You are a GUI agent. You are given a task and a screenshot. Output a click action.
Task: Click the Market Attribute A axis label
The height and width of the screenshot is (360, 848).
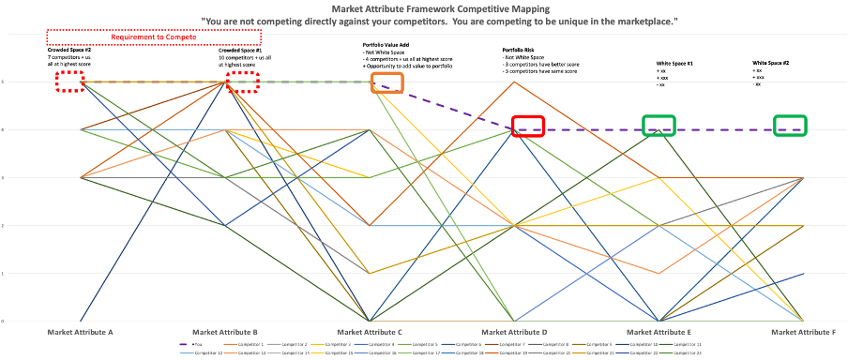click(81, 332)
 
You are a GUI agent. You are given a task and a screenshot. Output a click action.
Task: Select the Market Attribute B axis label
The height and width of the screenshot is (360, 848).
click(224, 332)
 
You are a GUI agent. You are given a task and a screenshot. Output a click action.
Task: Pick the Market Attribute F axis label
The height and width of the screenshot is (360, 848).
click(804, 332)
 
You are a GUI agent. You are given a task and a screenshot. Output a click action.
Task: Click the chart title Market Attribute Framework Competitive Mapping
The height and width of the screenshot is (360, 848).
click(423, 8)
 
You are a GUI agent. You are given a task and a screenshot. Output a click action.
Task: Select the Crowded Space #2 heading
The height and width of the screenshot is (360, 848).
click(68, 50)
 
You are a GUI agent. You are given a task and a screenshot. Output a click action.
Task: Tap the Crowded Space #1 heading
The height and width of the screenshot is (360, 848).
click(240, 50)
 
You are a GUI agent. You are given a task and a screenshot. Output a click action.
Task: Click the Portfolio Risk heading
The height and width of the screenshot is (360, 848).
click(521, 50)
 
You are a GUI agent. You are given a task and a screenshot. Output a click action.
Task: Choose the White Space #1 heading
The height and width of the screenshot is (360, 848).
click(674, 63)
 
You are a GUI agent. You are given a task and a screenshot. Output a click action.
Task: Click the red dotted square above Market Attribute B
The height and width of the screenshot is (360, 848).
click(244, 82)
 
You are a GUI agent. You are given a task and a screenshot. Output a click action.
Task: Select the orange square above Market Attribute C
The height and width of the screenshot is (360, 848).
click(388, 82)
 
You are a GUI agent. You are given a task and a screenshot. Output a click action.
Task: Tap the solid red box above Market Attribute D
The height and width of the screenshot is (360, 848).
click(528, 127)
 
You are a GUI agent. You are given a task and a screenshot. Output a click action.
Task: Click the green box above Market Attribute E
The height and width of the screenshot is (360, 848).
click(659, 126)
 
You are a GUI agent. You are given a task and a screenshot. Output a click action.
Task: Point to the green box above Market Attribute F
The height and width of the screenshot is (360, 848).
click(790, 126)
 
